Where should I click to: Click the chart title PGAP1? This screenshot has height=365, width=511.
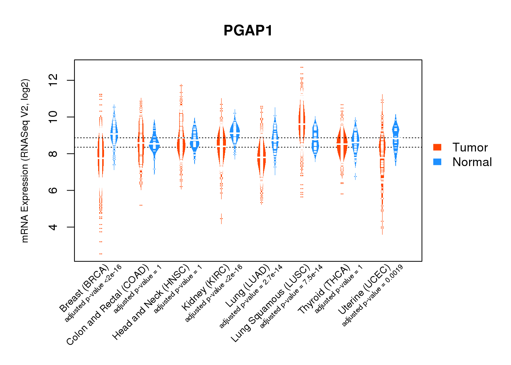point(248,31)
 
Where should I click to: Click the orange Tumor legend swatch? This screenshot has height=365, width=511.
point(437,147)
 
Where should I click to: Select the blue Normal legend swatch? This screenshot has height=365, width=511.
point(437,162)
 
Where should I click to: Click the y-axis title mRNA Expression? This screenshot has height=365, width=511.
point(25,161)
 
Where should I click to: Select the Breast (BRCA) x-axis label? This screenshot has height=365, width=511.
point(84,288)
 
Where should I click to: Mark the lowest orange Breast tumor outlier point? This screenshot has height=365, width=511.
point(101,254)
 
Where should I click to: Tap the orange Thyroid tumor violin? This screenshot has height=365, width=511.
point(342,144)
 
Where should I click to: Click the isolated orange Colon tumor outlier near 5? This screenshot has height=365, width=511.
point(141,205)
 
